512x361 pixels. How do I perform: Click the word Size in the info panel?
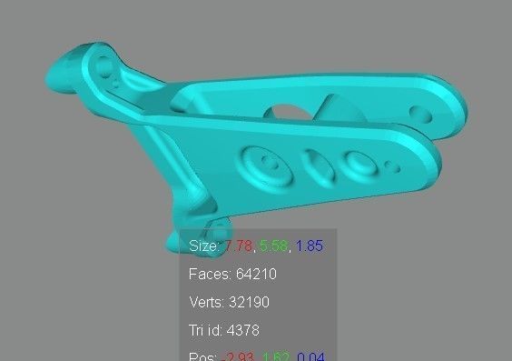[202, 246]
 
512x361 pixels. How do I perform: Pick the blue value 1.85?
[310, 246]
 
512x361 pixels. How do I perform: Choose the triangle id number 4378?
[244, 330]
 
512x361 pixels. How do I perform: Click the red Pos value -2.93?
[240, 356]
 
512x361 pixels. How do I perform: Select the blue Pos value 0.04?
[310, 356]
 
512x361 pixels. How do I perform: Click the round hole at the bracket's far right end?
[419, 115]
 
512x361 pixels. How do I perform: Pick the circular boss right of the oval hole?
[357, 164]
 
